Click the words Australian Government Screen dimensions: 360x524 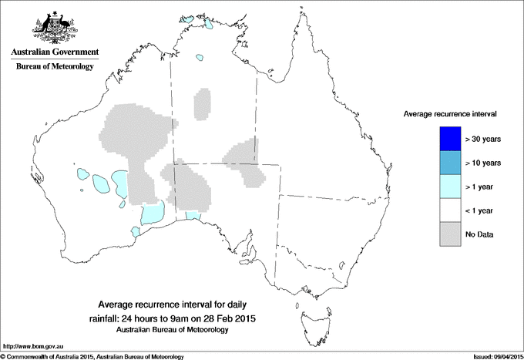point(55,52)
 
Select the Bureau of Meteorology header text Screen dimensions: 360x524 point(55,67)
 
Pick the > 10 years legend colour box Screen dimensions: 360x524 point(448,163)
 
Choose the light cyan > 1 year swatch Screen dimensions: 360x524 point(448,187)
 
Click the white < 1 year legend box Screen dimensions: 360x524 point(448,210)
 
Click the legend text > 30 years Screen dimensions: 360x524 point(483,139)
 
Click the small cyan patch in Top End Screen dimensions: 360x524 point(202,57)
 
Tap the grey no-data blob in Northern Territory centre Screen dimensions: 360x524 point(203,103)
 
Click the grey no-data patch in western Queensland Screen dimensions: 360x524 point(247,163)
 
